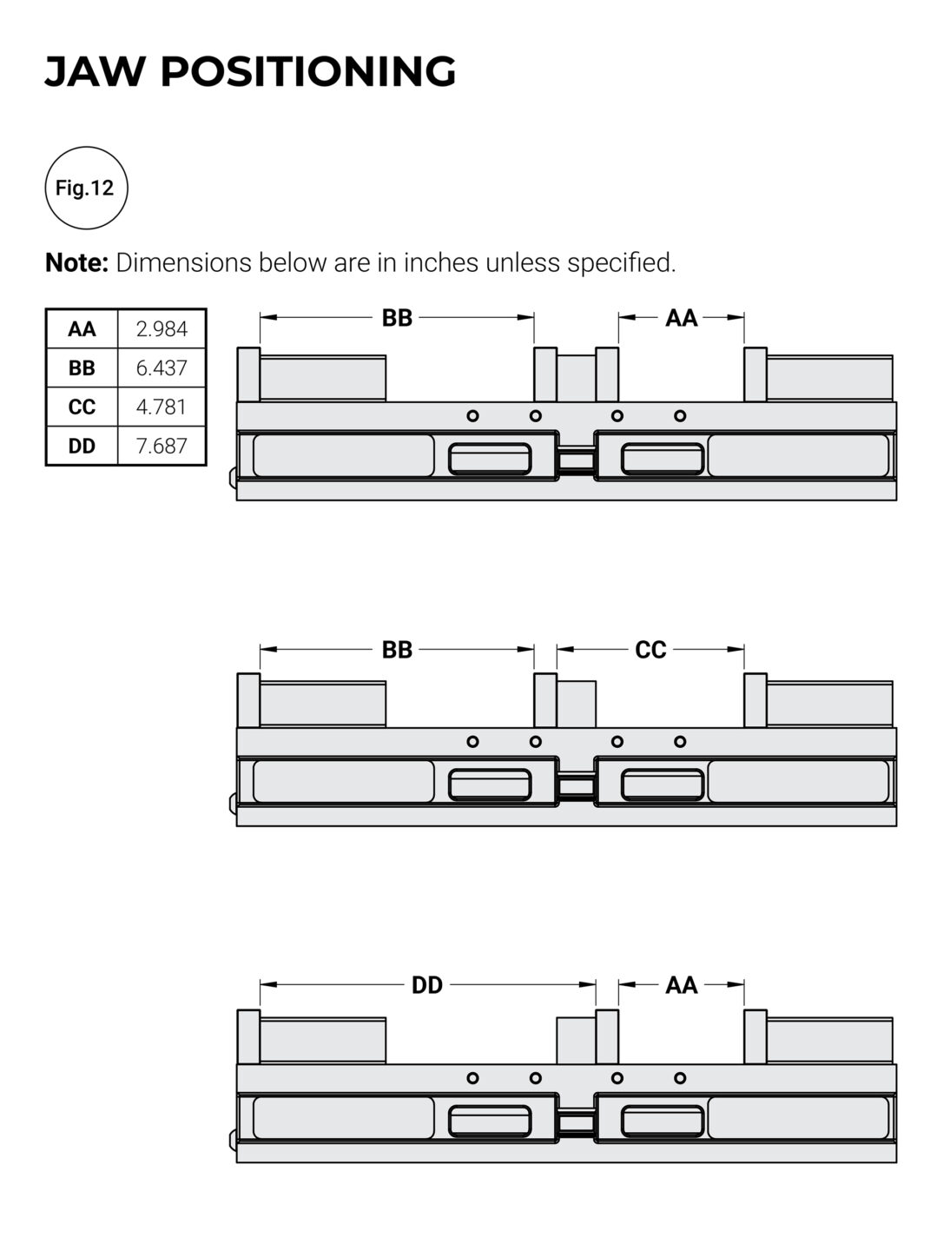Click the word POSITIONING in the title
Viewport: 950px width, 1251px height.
pyautogui.click(x=308, y=71)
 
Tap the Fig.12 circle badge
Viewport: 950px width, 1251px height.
pyautogui.click(x=85, y=188)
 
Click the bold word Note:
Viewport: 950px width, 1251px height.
pyautogui.click(x=76, y=262)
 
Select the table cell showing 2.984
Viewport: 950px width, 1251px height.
pyautogui.click(x=162, y=329)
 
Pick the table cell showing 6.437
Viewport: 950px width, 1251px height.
pyautogui.click(x=162, y=368)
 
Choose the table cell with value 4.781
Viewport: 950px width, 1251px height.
pyautogui.click(x=162, y=407)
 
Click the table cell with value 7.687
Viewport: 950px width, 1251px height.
pyautogui.click(x=162, y=447)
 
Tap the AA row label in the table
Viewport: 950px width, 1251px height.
pyautogui.click(x=82, y=329)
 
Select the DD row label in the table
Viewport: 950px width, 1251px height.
pyautogui.click(x=82, y=447)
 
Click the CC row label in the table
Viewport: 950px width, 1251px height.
pyautogui.click(x=82, y=407)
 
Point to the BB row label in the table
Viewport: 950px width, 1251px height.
pyautogui.click(x=82, y=368)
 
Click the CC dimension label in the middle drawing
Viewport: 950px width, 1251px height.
pyautogui.click(x=650, y=650)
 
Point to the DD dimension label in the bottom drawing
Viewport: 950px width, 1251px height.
pyautogui.click(x=427, y=985)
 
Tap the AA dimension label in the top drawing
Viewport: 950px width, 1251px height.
pyautogui.click(x=682, y=318)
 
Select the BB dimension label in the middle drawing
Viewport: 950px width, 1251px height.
pyautogui.click(x=397, y=650)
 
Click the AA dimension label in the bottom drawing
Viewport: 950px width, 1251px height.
pyautogui.click(x=682, y=985)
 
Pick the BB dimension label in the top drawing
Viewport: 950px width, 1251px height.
pyautogui.click(x=397, y=318)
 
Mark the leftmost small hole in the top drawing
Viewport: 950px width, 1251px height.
pyautogui.click(x=473, y=416)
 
